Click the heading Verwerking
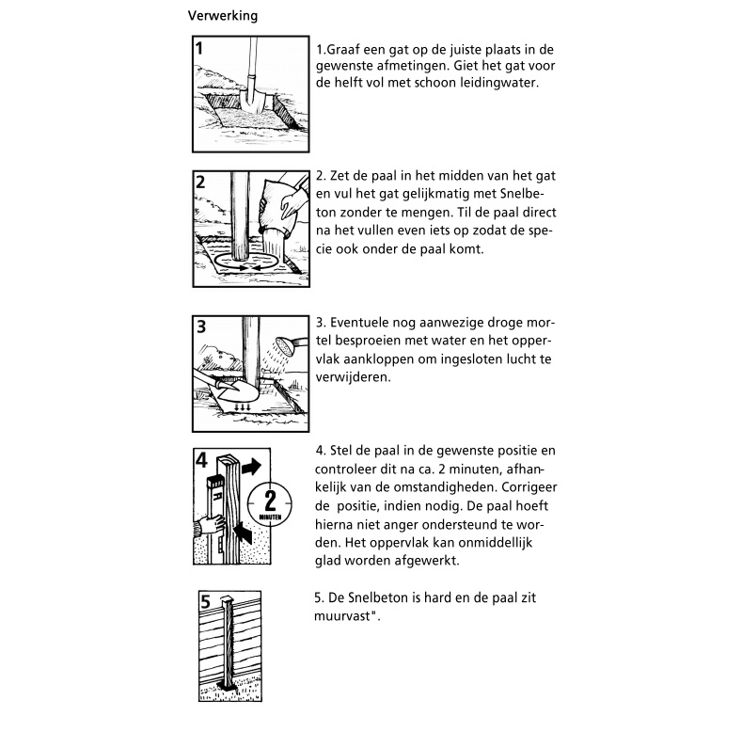pyautogui.click(x=223, y=16)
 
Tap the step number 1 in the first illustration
pyautogui.click(x=201, y=49)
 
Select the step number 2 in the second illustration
pyautogui.click(x=201, y=183)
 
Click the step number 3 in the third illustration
pyautogui.click(x=201, y=327)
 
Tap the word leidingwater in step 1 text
pyautogui.click(x=500, y=83)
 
